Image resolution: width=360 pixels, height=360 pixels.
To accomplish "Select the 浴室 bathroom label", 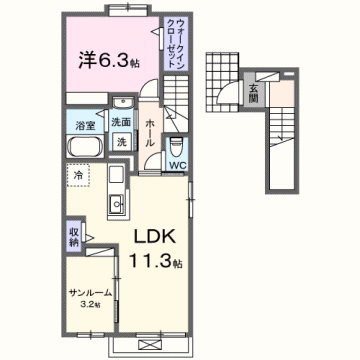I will click(x=85, y=126).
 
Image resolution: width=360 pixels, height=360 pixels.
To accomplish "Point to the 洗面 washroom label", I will click(x=122, y=122).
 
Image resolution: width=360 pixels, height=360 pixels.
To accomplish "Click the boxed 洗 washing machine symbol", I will click(x=120, y=142).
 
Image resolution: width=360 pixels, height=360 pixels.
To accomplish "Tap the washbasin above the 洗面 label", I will click(x=122, y=103).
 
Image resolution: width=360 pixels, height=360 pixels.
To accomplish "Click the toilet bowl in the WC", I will click(x=176, y=144).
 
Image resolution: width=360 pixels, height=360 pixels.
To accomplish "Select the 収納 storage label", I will click(x=74, y=237).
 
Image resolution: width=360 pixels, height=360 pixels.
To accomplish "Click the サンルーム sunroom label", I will click(x=88, y=292).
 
